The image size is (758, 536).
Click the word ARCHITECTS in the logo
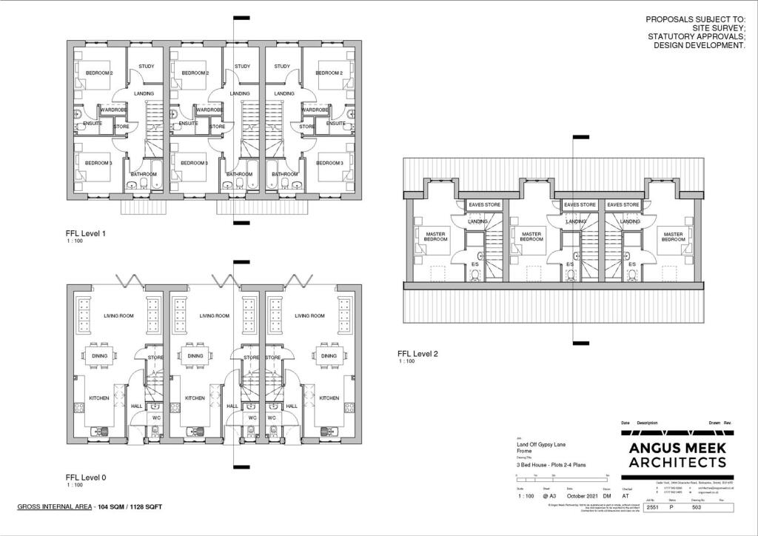(677, 463)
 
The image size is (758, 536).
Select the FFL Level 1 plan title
(86, 234)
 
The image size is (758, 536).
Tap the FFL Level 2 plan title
(418, 354)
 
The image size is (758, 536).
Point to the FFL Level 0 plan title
(86, 478)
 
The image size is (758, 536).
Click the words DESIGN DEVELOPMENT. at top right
(699, 45)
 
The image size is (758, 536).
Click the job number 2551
(651, 508)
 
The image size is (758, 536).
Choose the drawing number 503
(697, 508)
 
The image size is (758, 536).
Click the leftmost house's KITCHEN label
(99, 398)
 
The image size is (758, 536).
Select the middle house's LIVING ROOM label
(215, 316)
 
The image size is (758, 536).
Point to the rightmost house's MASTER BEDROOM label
(673, 237)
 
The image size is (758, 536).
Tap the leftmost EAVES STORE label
(486, 204)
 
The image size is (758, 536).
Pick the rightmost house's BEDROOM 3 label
(329, 163)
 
